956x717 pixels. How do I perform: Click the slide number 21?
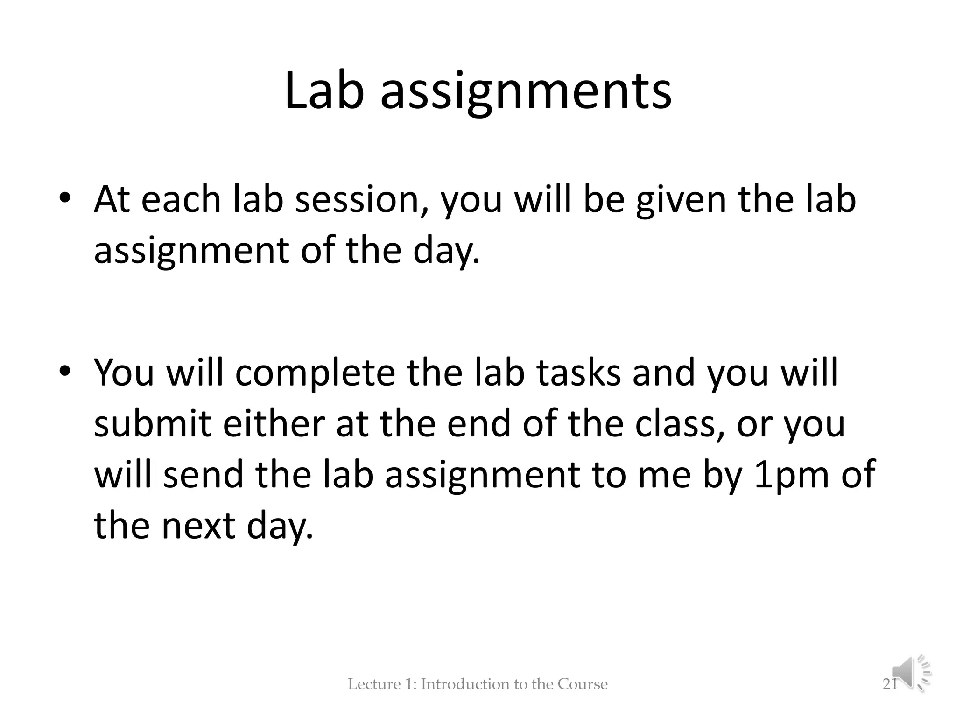tap(890, 684)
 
